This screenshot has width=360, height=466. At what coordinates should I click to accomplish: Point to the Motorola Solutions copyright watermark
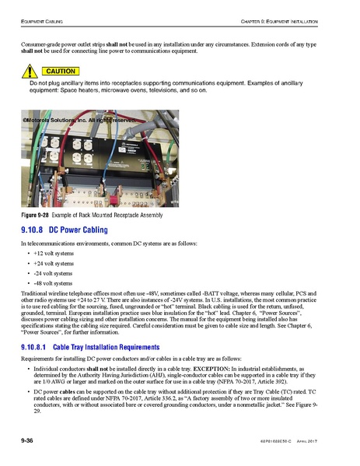pos(74,121)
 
